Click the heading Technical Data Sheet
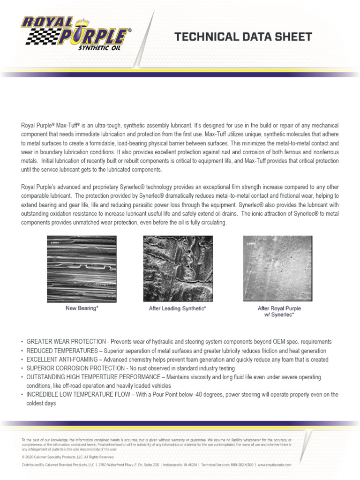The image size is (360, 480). (243, 37)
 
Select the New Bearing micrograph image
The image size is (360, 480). (82, 268)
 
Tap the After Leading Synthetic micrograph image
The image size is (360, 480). (178, 268)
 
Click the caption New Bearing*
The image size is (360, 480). (82, 308)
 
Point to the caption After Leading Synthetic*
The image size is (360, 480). (178, 308)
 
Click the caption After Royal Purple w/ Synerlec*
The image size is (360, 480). (279, 311)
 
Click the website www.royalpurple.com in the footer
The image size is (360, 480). (275, 465)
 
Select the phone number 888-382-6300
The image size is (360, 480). (242, 465)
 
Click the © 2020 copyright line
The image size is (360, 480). (67, 457)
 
